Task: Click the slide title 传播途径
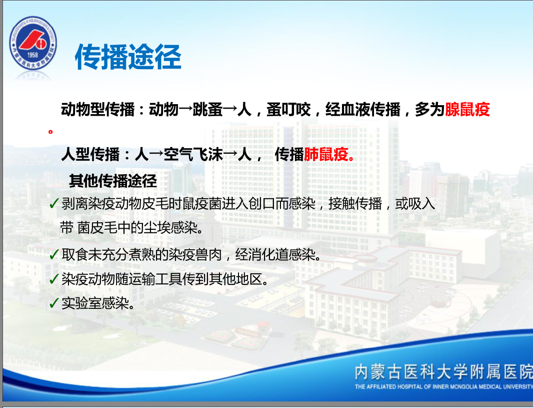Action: point(128,57)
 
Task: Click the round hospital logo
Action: point(33,43)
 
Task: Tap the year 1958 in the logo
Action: point(32,55)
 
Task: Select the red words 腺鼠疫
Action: point(467,110)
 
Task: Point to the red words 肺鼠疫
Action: point(325,155)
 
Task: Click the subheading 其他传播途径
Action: point(113,180)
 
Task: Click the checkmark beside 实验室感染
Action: point(54,302)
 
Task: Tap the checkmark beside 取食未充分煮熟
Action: point(54,254)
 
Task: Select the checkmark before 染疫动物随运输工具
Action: point(54,279)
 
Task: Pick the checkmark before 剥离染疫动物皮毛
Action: point(54,203)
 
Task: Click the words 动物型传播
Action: point(98,110)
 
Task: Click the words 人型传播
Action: point(90,155)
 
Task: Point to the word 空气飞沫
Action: point(193,155)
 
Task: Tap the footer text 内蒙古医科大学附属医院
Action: point(443,371)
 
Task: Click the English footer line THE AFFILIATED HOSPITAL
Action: point(443,386)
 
